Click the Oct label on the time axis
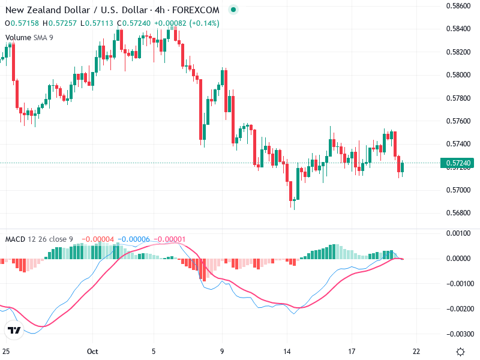pyautogui.click(x=92, y=352)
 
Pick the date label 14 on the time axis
pyautogui.click(x=287, y=352)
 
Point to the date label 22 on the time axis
pyautogui.click(x=416, y=352)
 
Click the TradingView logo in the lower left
pyautogui.click(x=14, y=330)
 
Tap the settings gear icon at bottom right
pyautogui.click(x=460, y=352)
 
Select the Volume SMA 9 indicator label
pyautogui.click(x=29, y=37)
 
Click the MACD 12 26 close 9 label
pyautogui.click(x=39, y=239)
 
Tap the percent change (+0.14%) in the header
pyautogui.click(x=204, y=23)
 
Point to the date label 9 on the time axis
pyautogui.click(x=222, y=352)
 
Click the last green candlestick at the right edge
pyautogui.click(x=402, y=168)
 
